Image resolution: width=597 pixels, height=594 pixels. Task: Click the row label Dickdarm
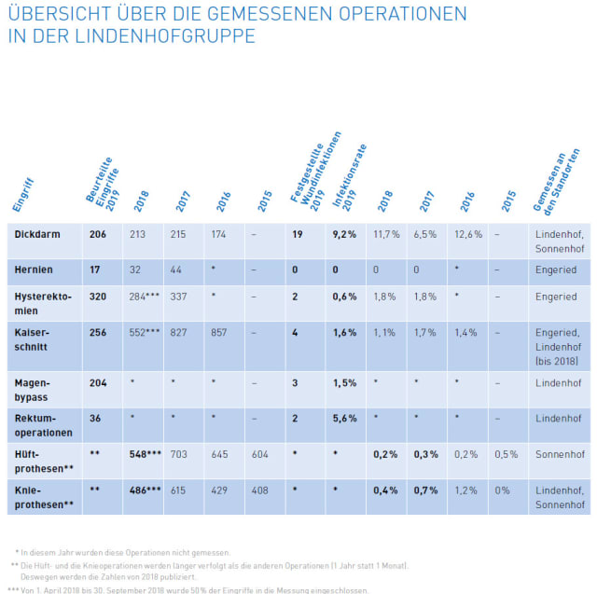[38, 234]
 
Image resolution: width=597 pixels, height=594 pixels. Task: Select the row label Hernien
[35, 269]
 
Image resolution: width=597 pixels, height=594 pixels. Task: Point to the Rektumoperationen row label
[43, 424]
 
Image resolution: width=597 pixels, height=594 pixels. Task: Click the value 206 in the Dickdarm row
[98, 234]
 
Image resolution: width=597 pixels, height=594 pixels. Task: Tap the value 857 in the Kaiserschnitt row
[218, 332]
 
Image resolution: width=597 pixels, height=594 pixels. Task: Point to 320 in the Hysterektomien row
[98, 297]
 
